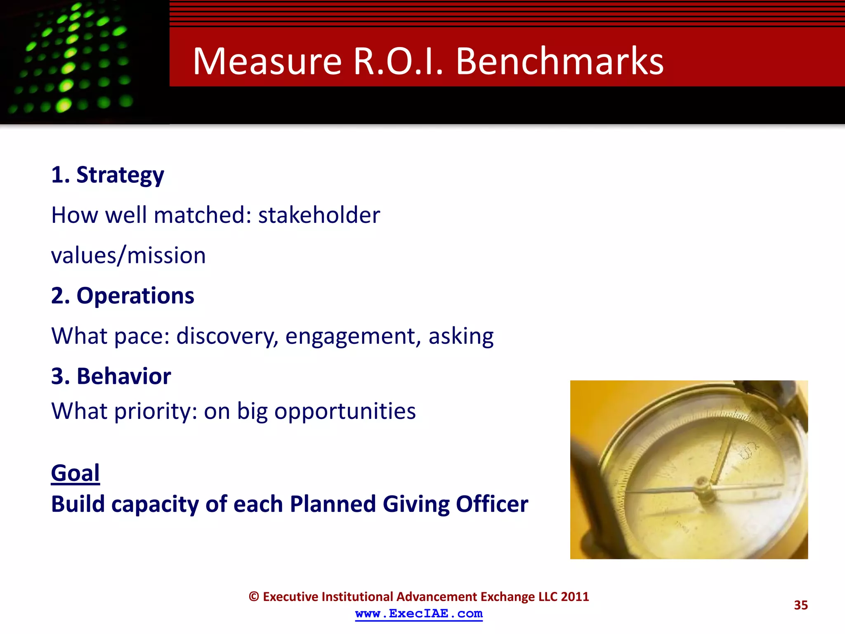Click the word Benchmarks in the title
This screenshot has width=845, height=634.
[x=559, y=62]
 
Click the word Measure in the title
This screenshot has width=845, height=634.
[x=267, y=62]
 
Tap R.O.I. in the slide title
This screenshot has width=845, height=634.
[x=398, y=62]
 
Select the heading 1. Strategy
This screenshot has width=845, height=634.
[x=108, y=175]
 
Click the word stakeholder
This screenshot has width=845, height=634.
[x=319, y=215]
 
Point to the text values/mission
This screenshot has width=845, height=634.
[x=128, y=255]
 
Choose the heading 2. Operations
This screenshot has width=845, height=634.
[x=123, y=296]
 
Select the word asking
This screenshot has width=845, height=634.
[x=461, y=336]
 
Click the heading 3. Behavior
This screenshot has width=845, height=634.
[x=111, y=376]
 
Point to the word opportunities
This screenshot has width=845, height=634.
[x=345, y=411]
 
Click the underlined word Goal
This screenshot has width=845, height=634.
[x=76, y=473]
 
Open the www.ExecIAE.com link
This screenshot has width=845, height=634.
[x=419, y=614]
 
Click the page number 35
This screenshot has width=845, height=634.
[x=800, y=605]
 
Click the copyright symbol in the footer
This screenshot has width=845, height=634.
[x=254, y=597]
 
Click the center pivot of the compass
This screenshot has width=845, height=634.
[x=701, y=484]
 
